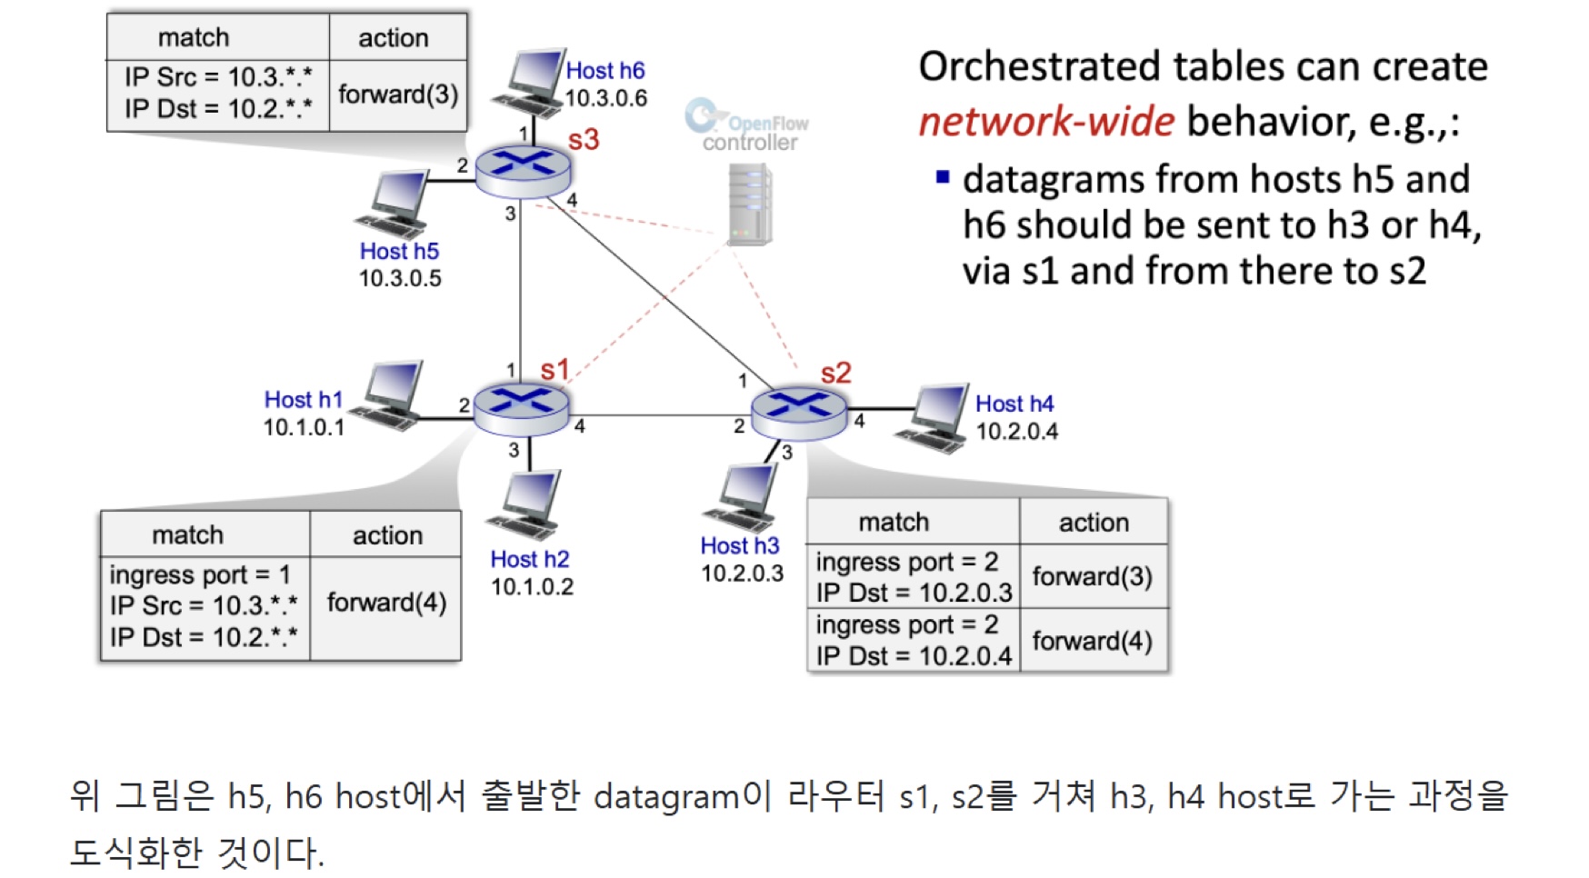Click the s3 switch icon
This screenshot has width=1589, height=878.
point(523,170)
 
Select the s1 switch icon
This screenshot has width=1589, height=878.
point(521,408)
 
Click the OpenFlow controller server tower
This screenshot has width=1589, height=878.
point(750,205)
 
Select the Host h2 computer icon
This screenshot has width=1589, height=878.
point(526,505)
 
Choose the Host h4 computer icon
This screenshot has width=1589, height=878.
point(935,417)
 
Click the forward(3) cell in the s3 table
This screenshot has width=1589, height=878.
point(398,95)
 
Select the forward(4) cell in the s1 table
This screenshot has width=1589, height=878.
point(386,603)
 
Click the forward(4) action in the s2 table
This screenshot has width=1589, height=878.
point(1093,641)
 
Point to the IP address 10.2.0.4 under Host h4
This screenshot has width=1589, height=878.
point(1016,431)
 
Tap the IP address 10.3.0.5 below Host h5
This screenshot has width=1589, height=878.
point(400,278)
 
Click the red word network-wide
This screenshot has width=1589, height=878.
point(1046,122)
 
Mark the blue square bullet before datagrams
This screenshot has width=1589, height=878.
point(943,177)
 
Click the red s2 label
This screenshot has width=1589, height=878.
point(835,373)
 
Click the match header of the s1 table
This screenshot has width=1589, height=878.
point(187,534)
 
